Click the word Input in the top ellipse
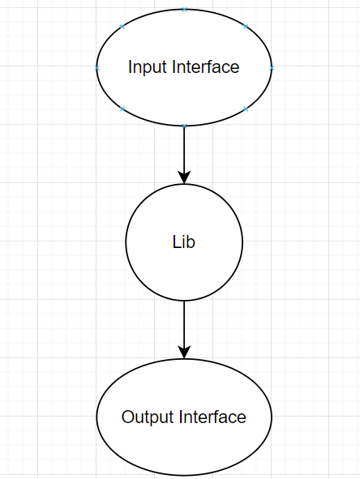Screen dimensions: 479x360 (148, 67)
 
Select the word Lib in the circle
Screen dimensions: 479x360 (184, 242)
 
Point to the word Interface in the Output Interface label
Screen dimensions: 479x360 (212, 417)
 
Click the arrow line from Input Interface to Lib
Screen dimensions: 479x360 (184, 150)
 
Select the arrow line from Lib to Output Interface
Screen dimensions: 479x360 (184, 324)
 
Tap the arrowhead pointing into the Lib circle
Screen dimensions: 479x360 (184, 177)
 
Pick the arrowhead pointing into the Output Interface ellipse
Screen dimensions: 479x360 (184, 353)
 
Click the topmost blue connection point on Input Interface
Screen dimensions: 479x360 (184, 10)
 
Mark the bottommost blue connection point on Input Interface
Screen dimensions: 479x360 (184, 126)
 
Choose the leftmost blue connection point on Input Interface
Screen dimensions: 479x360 (97, 68)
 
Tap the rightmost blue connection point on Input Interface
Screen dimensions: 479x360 (272, 68)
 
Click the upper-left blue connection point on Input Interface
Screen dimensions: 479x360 (122, 27)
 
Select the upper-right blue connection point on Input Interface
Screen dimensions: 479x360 (246, 27)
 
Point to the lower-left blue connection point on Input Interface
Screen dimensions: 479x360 (122, 109)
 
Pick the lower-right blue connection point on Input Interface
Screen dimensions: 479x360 (246, 109)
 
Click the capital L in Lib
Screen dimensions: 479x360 (176, 242)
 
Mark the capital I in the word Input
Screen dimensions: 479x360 (130, 67)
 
